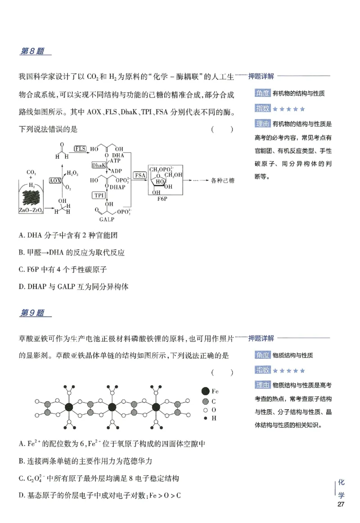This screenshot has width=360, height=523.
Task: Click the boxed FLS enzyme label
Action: coord(80,149)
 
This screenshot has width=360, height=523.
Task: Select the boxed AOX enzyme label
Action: coord(55,181)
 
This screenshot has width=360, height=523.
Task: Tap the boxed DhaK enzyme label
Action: coord(99,165)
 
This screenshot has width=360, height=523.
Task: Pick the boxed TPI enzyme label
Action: coord(98,195)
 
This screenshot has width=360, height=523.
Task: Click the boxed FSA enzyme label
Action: coord(140,175)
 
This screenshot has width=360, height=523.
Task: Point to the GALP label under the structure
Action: coord(106,220)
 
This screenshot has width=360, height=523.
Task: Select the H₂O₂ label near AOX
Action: coord(72,173)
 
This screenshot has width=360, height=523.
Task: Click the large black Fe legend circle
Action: coord(206,391)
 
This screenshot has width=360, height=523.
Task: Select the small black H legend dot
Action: coord(206,418)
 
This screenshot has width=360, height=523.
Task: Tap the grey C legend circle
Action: coord(206,401)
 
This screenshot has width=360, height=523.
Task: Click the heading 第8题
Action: coord(32,51)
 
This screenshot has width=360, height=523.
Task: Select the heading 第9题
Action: coord(32,313)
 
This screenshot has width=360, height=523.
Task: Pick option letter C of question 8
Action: coord(22,270)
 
